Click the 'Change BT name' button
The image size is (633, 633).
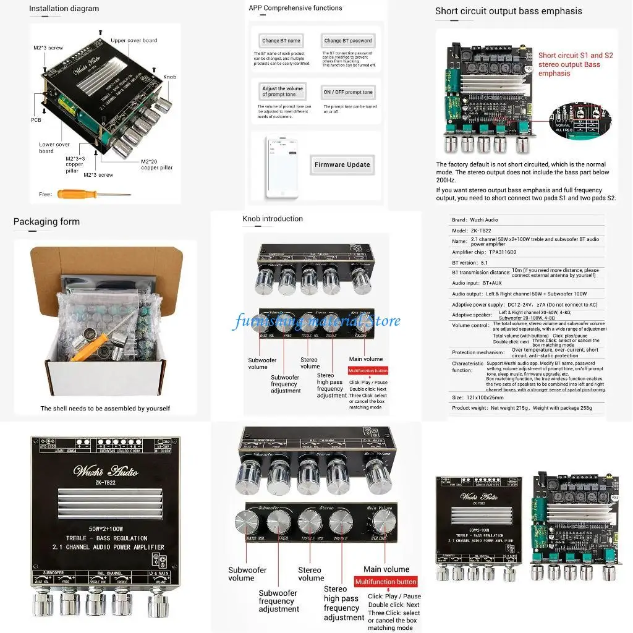point(281,41)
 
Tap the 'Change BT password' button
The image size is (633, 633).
point(348,41)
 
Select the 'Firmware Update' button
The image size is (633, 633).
point(342,164)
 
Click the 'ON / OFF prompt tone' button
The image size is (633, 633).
point(348,92)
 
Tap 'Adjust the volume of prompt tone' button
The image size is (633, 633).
point(282,91)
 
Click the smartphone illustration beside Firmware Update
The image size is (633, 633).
point(282,167)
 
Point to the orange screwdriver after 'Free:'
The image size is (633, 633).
point(93,194)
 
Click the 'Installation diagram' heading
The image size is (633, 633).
point(64,9)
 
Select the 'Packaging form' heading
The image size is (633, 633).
point(46,221)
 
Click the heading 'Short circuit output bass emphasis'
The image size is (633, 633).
point(508,11)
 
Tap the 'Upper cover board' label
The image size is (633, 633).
point(134,41)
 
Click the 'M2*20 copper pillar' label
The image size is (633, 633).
point(157,164)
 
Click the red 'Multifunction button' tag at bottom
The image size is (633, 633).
point(385,582)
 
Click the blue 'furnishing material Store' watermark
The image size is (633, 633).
point(316,321)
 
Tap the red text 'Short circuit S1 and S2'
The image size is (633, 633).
point(575,56)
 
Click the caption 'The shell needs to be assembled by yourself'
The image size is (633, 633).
point(105,408)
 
